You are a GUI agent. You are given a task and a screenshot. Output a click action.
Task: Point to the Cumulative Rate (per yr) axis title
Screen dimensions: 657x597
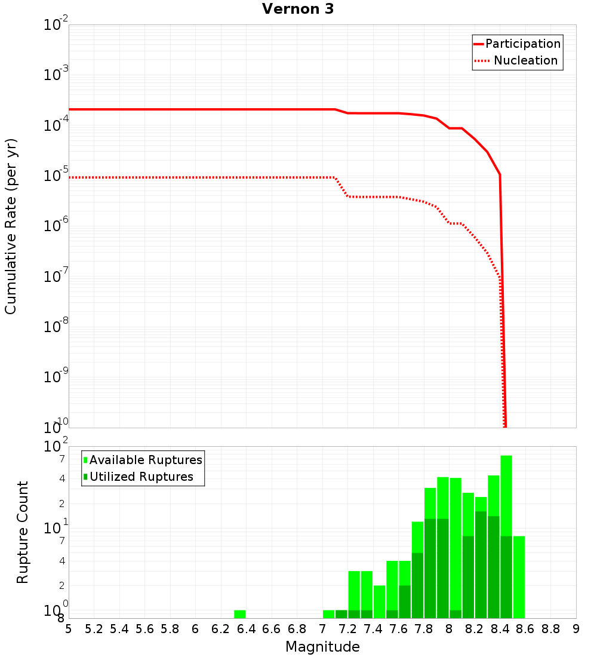[11, 226]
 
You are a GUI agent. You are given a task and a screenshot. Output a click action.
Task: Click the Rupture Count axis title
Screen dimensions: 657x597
[23, 532]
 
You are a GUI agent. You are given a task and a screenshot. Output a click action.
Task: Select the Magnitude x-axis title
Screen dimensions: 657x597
[322, 646]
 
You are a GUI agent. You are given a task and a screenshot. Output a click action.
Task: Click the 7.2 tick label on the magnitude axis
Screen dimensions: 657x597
[347, 628]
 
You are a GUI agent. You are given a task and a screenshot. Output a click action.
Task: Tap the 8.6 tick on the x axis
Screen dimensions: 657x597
[525, 628]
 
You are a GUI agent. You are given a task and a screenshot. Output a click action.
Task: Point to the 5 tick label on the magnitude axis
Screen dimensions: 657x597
[69, 628]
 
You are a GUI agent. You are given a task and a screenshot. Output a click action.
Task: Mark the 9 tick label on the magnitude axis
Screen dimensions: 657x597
[576, 628]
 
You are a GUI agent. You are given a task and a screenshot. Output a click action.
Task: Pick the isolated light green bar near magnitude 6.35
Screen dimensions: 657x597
[239, 614]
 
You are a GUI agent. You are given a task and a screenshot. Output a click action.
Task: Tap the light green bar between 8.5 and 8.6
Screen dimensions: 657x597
[519, 576]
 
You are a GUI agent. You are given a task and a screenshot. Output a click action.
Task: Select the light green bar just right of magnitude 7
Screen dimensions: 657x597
[328, 614]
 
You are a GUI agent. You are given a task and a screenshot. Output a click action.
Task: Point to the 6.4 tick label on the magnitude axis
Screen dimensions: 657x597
[246, 628]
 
